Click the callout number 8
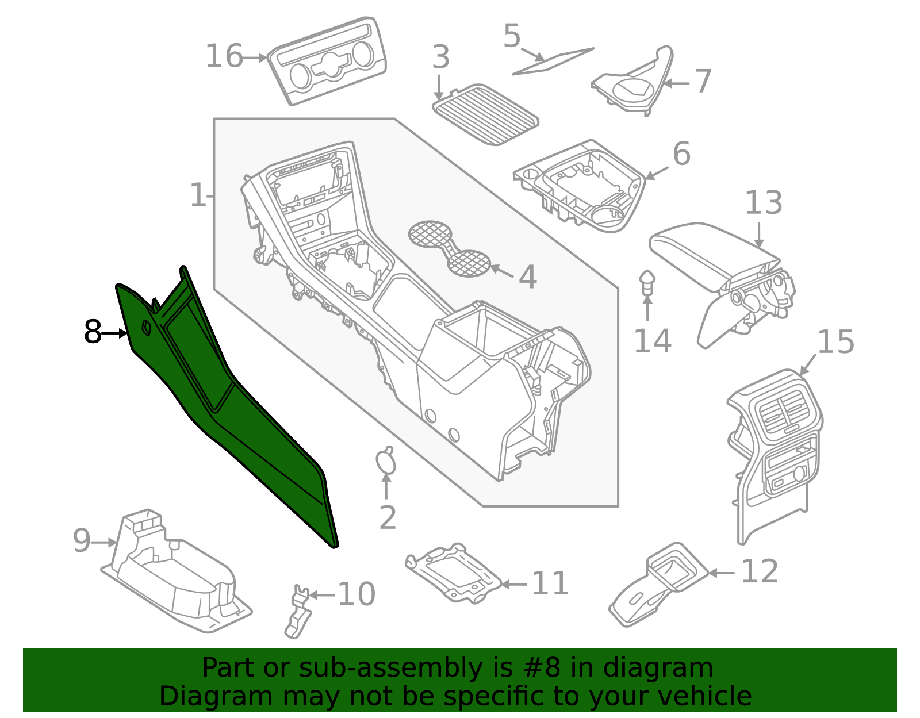tap(93, 332)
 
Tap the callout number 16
tap(224, 56)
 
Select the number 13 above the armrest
tap(764, 203)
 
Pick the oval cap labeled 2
tap(386, 460)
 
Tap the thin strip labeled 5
tap(553, 62)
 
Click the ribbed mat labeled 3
tap(485, 114)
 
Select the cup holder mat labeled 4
tap(449, 248)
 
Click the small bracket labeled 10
tap(298, 611)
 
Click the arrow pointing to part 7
tap(676, 83)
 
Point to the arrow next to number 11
tap(514, 585)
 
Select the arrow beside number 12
tap(722, 573)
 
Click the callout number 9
tap(82, 540)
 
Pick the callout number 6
tap(681, 153)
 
